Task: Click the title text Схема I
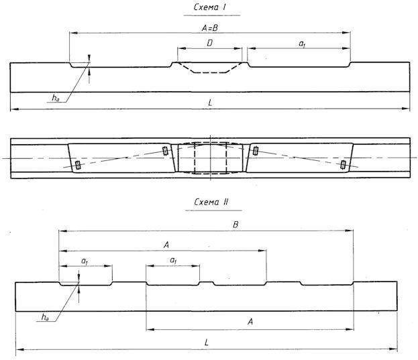tap(210, 7)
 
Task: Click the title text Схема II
tap(211, 202)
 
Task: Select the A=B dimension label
tap(210, 28)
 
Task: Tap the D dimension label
tap(210, 43)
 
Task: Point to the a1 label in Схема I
tap(301, 44)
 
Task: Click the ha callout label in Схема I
tap(56, 99)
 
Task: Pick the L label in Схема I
tap(210, 103)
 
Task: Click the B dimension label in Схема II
tap(236, 225)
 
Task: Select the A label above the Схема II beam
tap(166, 245)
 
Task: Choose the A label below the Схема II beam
tap(250, 322)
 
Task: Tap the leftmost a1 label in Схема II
tap(85, 261)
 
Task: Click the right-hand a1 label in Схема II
tap(173, 261)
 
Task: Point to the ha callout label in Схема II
tap(45, 317)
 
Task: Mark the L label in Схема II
tap(207, 343)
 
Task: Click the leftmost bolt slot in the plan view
tap(78, 165)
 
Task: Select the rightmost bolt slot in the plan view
tap(343, 164)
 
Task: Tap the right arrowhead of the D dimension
tap(239, 48)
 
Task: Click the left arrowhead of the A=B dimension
tap(73, 33)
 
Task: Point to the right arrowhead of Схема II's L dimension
tap(394, 349)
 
